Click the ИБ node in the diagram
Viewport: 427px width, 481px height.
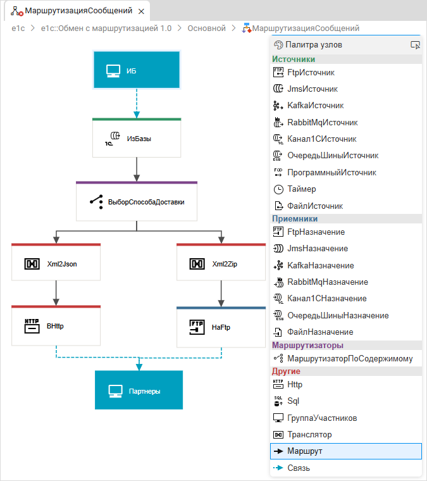137,70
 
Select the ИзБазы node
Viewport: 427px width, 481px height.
137,138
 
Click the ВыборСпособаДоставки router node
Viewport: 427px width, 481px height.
137,202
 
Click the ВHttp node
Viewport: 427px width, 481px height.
56,327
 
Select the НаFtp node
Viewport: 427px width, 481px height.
221,327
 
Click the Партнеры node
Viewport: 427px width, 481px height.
139,390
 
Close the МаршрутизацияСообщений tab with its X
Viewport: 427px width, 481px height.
141,11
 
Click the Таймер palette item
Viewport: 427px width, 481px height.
301,189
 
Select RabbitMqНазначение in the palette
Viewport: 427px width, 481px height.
327,282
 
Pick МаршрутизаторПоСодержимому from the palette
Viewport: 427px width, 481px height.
349,359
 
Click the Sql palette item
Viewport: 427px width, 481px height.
294,401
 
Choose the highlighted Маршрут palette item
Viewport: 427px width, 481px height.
304,451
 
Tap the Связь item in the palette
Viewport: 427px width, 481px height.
299,468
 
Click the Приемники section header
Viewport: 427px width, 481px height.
295,219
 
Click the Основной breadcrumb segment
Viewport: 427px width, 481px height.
206,28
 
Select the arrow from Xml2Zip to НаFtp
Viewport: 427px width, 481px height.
221,294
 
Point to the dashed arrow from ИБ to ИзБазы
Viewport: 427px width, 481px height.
137,103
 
